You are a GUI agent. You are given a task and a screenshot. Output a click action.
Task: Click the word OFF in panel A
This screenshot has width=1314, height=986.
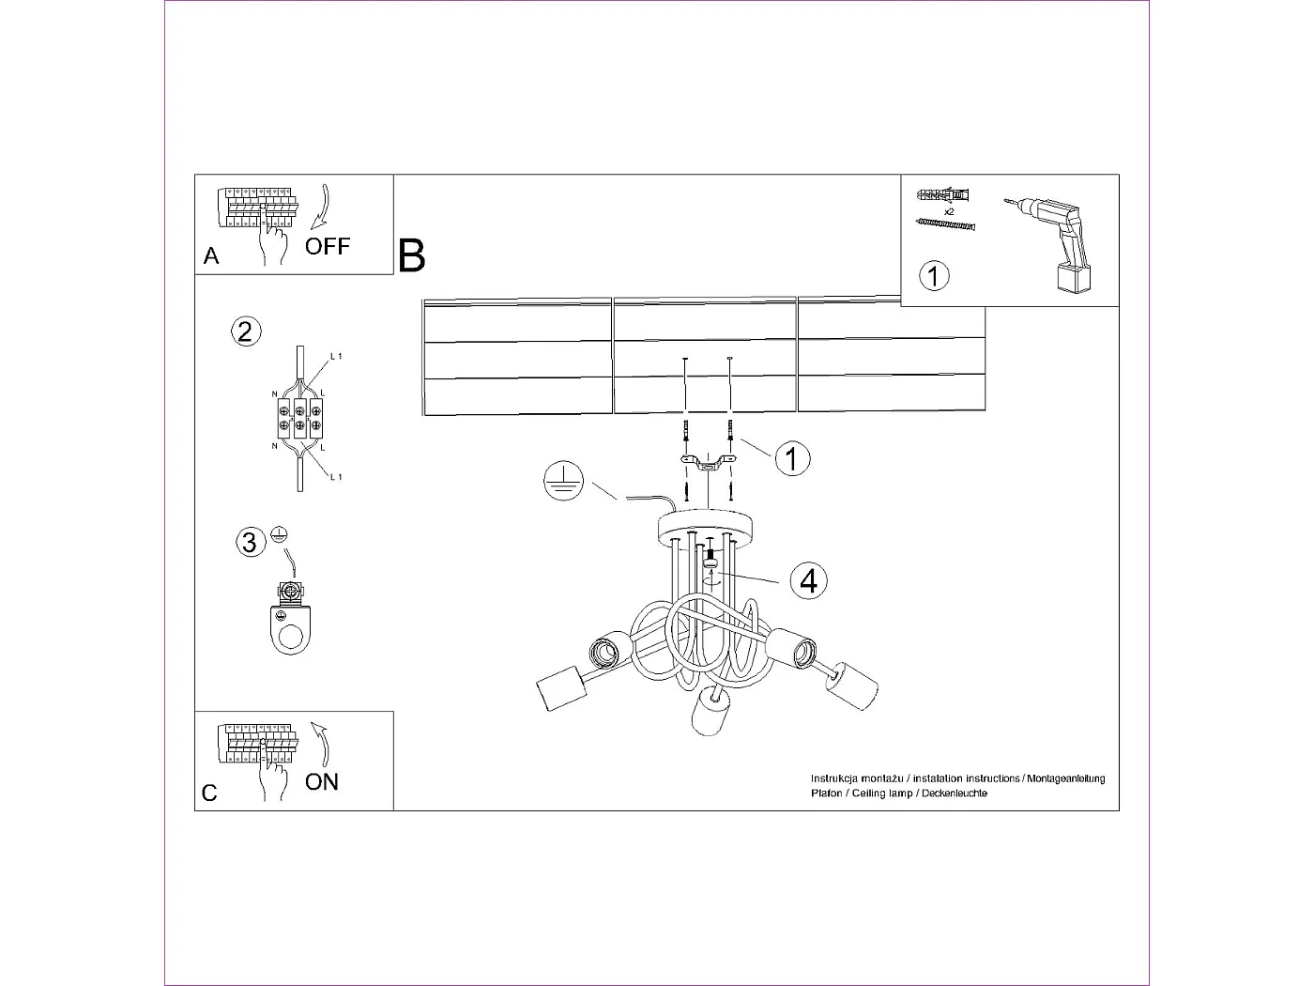click(327, 246)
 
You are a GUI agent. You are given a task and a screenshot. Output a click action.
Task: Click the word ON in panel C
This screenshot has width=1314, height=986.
click(322, 782)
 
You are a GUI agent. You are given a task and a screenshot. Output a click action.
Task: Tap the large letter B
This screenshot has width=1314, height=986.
click(411, 256)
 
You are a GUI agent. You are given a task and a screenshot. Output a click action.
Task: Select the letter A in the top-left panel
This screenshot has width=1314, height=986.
click(211, 256)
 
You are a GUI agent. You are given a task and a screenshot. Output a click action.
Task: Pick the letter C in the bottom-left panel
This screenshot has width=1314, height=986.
click(209, 793)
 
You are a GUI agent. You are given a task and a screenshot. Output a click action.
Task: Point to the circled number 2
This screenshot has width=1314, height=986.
click(246, 331)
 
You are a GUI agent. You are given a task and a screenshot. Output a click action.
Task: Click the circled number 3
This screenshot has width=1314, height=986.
click(251, 543)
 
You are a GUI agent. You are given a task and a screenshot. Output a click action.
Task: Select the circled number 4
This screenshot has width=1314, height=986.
click(809, 580)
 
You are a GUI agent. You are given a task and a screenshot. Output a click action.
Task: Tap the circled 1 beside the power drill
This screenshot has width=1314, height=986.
click(934, 276)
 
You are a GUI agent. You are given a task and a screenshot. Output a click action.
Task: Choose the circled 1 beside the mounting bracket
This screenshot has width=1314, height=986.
click(792, 459)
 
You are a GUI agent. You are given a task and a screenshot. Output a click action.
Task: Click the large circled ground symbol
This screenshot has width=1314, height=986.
click(563, 481)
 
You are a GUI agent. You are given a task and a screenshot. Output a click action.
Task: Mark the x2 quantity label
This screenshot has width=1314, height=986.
click(949, 211)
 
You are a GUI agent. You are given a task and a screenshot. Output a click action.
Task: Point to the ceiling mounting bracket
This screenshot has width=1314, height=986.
click(709, 463)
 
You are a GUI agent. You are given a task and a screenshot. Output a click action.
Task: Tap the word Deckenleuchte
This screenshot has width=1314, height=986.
click(955, 793)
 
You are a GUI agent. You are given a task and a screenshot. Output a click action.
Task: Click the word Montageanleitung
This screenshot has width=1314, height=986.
click(1066, 778)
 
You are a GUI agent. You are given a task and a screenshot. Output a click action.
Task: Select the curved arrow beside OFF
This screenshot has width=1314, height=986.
click(322, 207)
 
